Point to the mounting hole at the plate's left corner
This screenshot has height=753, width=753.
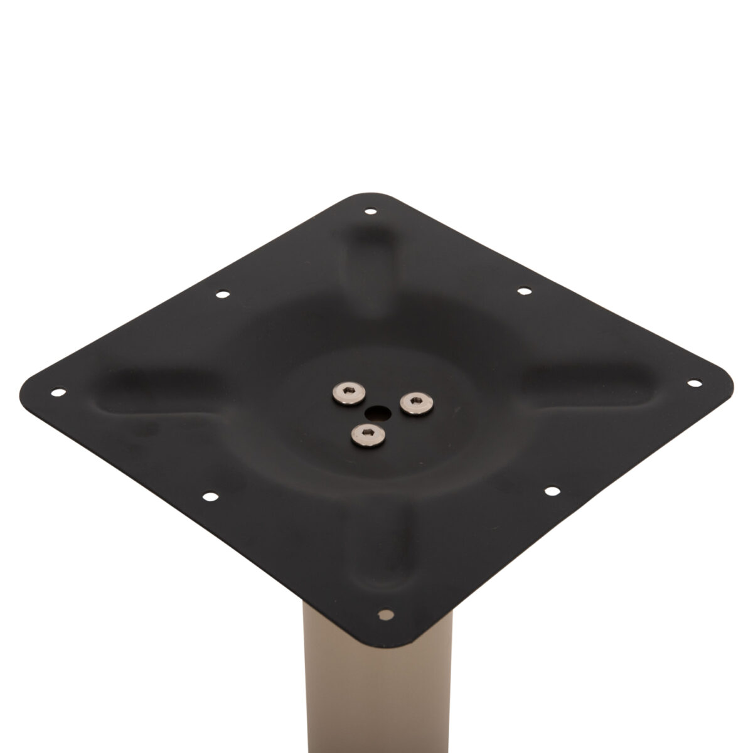coord(59,393)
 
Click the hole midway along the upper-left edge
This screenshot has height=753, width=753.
coord(220,294)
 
